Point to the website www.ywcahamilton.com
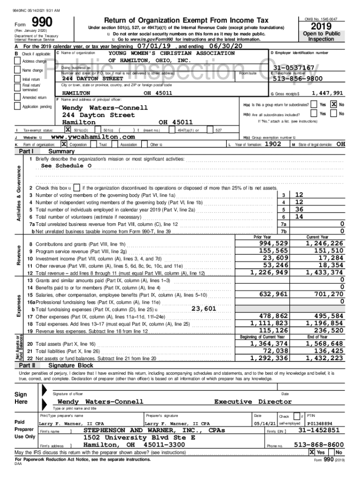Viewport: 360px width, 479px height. point(93,137)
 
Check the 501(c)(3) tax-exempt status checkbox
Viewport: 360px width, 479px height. point(68,130)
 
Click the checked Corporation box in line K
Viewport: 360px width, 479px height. point(64,145)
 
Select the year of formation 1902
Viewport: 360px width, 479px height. point(273,145)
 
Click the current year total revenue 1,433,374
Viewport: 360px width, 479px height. point(325,272)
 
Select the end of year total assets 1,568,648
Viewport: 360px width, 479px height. point(325,344)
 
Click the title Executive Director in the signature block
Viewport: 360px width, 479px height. point(252,402)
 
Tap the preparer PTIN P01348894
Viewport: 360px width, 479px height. point(320,423)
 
